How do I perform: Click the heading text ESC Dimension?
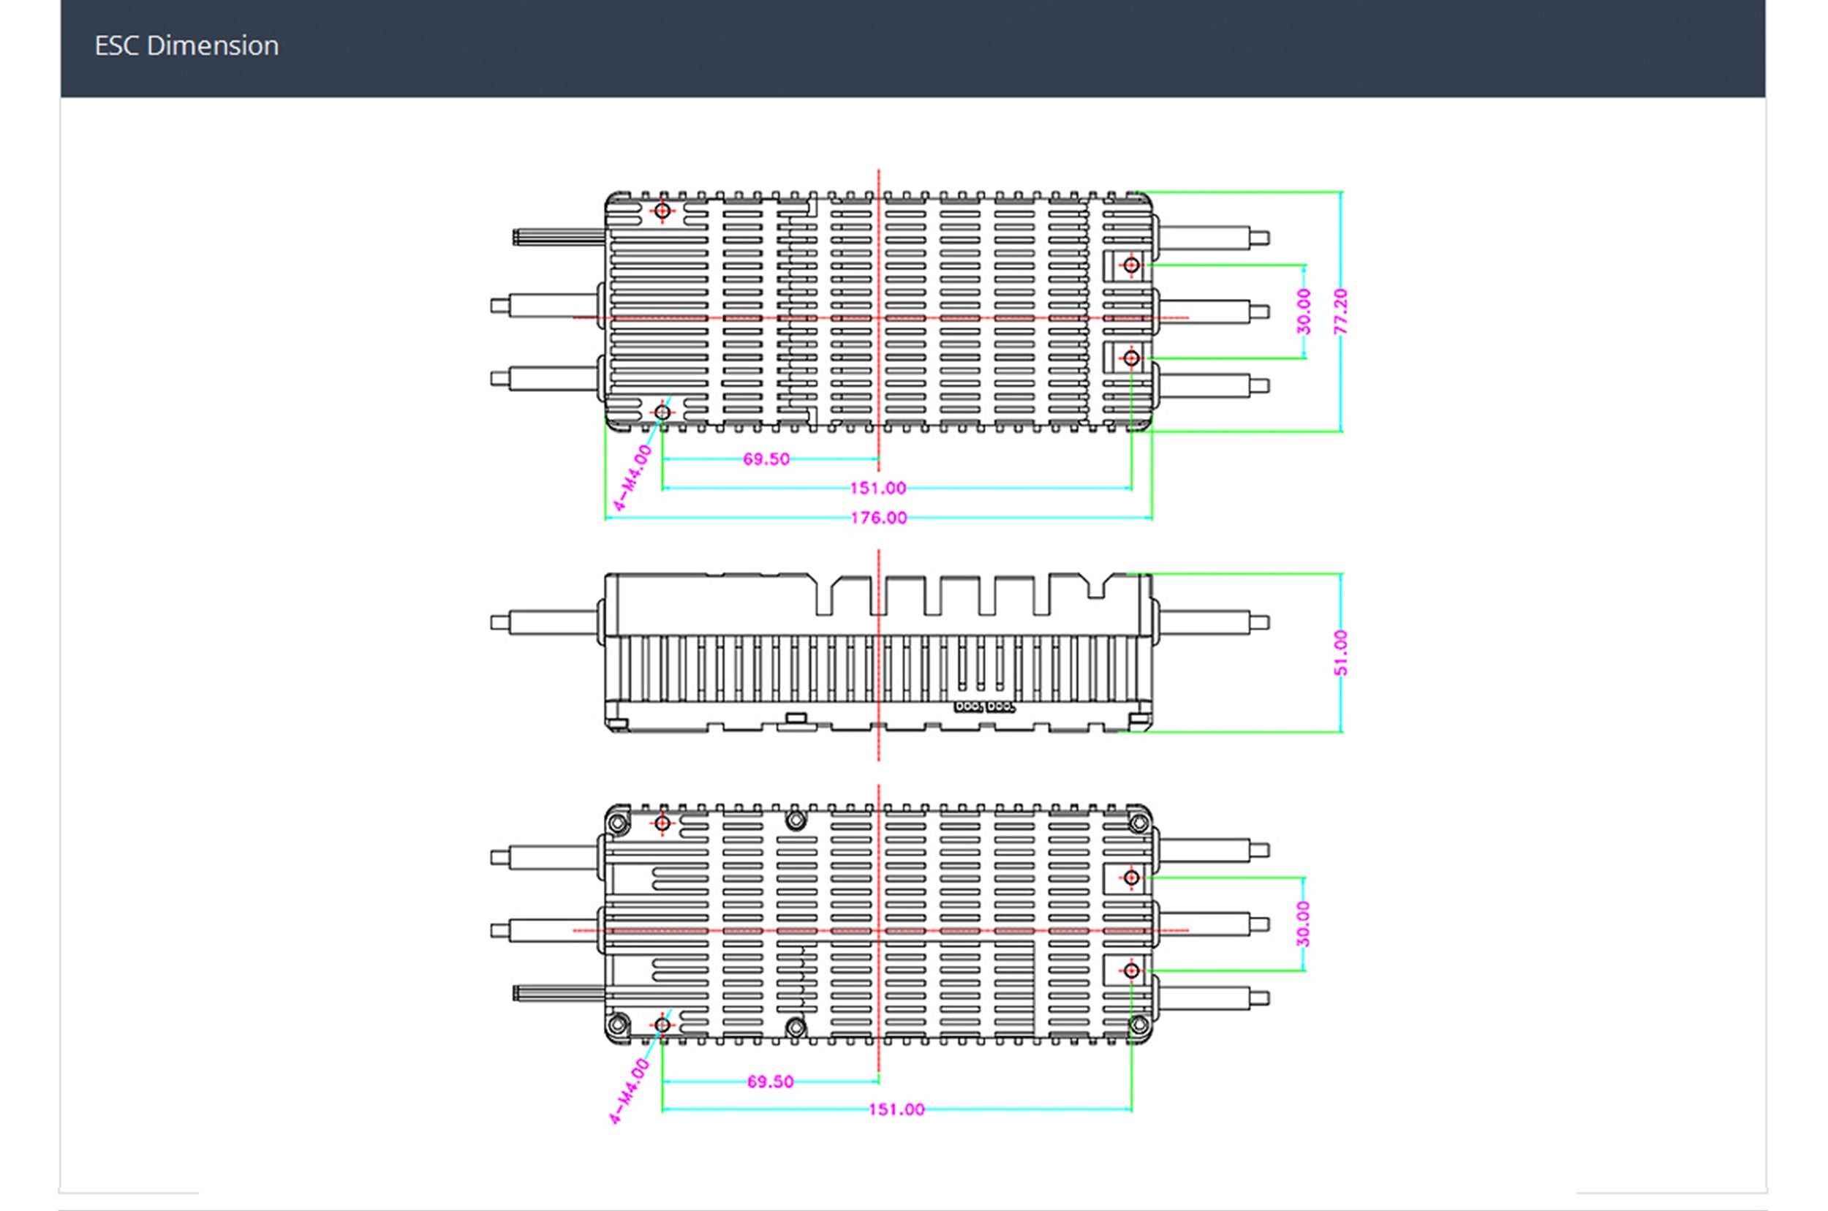186,46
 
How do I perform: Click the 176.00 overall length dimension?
879,518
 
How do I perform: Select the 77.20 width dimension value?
1341,312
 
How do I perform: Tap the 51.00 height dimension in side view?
1341,652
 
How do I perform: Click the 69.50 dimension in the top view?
766,459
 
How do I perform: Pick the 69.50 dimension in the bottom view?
770,1082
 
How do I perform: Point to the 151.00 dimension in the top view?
878,488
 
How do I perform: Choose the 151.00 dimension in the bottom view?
896,1110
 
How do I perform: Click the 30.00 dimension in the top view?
1304,312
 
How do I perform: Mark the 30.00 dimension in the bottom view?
1304,924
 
